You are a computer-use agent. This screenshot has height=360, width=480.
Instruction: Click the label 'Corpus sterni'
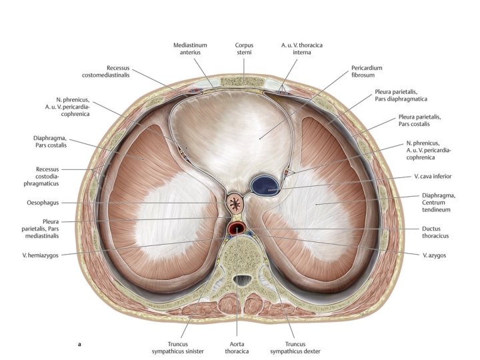[x=243, y=49]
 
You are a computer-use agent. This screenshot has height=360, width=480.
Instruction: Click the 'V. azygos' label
[x=433, y=254]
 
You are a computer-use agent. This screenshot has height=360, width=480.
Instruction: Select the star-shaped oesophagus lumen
[x=235, y=201]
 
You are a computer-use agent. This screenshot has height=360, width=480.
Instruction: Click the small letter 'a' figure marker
[x=80, y=345]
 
